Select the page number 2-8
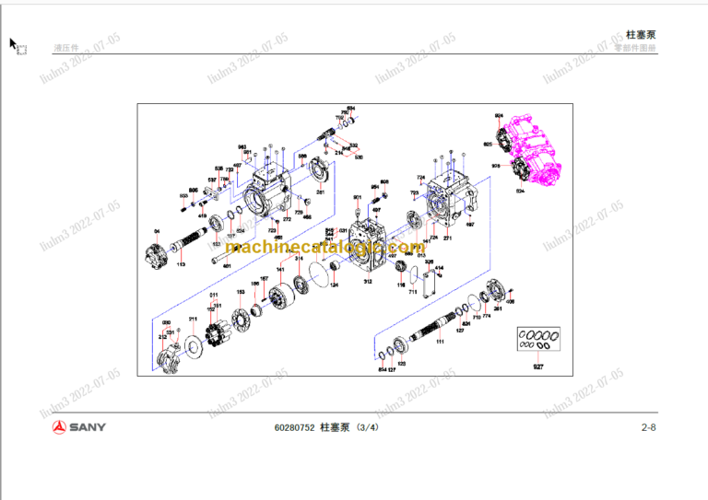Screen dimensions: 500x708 pyautogui.click(x=648, y=426)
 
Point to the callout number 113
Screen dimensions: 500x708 pyautogui.click(x=181, y=264)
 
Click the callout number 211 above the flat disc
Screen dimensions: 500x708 pyautogui.click(x=193, y=319)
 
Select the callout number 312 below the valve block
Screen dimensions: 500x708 pyautogui.click(x=367, y=282)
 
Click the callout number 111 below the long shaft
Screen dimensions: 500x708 pyautogui.click(x=440, y=342)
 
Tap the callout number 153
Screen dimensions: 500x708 pyautogui.click(x=241, y=292)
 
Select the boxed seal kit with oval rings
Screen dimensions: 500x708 pyautogui.click(x=538, y=341)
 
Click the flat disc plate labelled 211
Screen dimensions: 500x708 pyautogui.click(x=195, y=344)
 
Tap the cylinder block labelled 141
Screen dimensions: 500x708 pyautogui.click(x=277, y=297)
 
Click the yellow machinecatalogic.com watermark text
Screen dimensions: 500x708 pyautogui.click(x=324, y=248)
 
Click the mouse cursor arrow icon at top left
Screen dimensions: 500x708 pyautogui.click(x=14, y=43)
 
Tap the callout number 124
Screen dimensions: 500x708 pyautogui.click(x=334, y=285)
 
